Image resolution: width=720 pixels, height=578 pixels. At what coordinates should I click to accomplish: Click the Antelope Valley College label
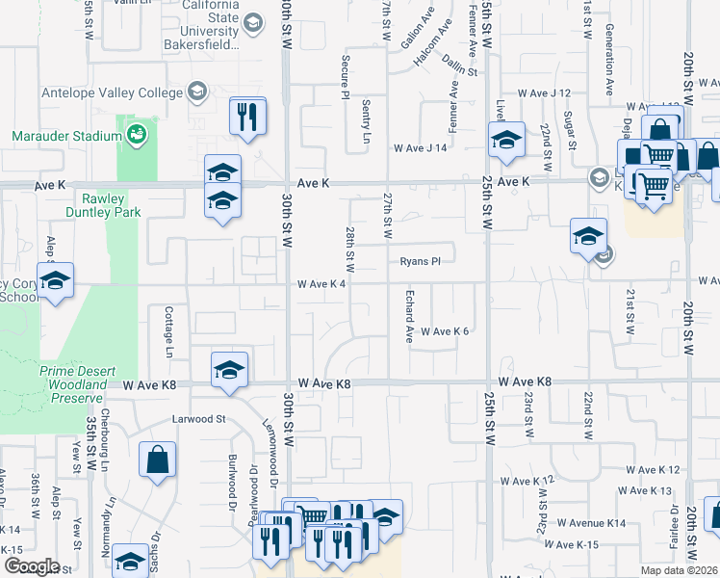click(112, 92)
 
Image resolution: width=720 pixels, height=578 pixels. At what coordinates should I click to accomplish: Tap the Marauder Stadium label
click(66, 136)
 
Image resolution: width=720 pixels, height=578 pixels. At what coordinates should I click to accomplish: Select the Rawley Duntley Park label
click(104, 205)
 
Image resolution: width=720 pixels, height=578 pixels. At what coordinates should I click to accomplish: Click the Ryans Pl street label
click(421, 261)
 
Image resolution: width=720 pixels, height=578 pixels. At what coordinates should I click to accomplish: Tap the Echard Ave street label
click(409, 315)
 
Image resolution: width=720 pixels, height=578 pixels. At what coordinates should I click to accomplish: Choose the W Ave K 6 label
click(445, 331)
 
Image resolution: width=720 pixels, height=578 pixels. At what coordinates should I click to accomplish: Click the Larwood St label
click(198, 419)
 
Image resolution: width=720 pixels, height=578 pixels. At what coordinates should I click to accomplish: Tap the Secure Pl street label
click(345, 75)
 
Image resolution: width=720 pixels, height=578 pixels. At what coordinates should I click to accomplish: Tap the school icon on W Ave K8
click(229, 371)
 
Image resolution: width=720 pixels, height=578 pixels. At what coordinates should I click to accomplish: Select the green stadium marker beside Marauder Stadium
click(136, 133)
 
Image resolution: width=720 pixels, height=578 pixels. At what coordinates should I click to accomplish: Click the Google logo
click(32, 566)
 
